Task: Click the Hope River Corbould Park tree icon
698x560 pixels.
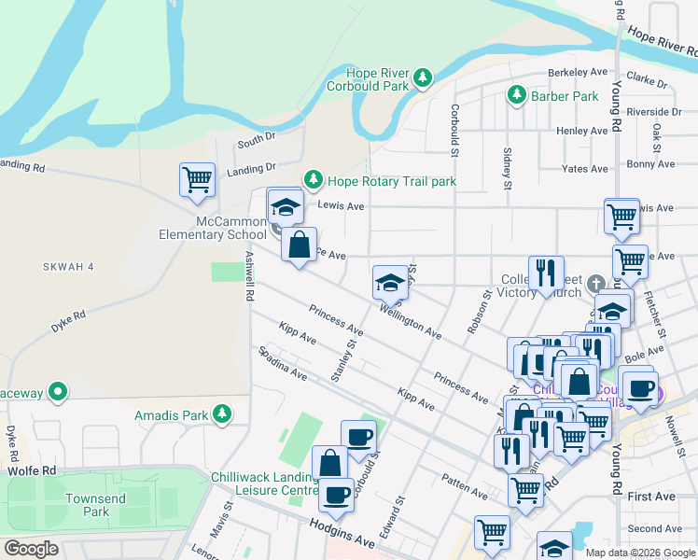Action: coord(423,77)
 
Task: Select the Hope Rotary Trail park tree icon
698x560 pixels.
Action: coord(314,180)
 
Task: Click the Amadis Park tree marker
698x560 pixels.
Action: coord(221,413)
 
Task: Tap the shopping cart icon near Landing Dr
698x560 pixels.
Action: coord(197,179)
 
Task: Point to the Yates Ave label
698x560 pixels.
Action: coord(585,169)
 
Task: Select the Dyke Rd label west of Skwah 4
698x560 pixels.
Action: coord(70,322)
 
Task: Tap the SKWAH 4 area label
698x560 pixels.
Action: coord(68,267)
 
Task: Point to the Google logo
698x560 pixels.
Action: coord(31,549)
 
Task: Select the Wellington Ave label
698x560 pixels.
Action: coord(411,320)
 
